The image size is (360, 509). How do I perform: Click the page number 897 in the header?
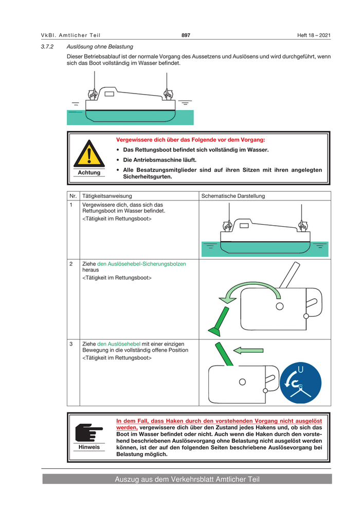coord(186,35)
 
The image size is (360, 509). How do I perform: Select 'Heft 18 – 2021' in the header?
coord(314,35)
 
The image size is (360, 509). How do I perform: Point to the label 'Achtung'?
coord(89,173)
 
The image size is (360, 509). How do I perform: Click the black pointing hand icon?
coord(88,432)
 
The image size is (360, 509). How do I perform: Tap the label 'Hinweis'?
coord(89,447)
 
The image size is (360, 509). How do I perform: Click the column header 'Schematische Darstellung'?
coord(233,196)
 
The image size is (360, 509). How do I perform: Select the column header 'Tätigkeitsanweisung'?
coord(107,196)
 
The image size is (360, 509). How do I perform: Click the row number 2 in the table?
coord(71,264)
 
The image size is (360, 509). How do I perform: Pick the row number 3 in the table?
coord(71,343)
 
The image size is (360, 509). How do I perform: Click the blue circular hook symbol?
coord(301,383)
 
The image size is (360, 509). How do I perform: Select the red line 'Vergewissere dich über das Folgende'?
coord(191,140)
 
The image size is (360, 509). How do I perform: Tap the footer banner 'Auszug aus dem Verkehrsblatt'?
coord(187,480)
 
